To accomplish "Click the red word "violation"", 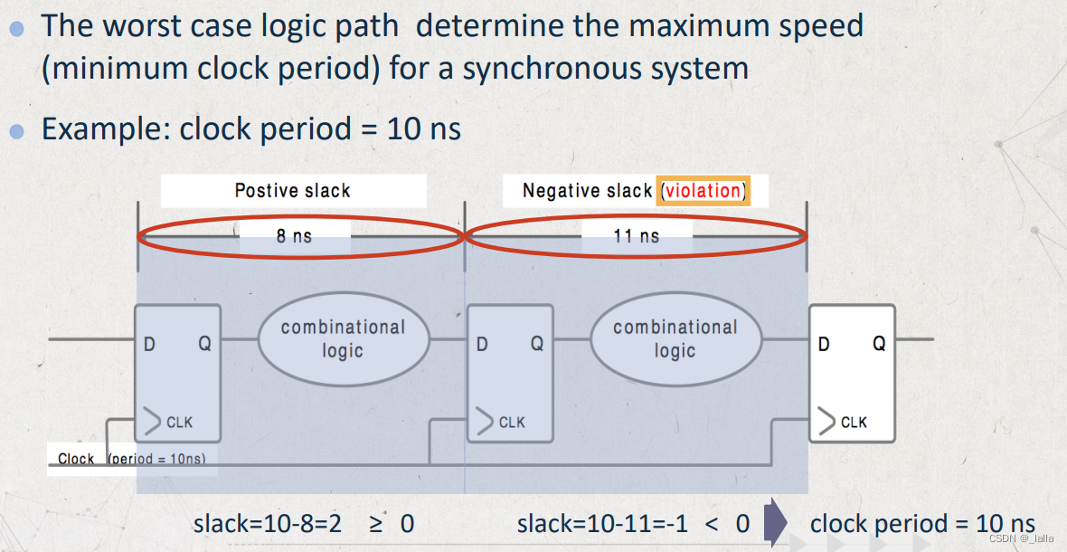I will (x=703, y=191).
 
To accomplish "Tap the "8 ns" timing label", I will (x=294, y=236).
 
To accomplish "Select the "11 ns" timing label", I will (x=637, y=236).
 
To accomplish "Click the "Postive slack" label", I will (x=292, y=191).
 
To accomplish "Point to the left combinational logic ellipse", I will (x=343, y=338).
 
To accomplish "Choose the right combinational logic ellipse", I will (x=675, y=338).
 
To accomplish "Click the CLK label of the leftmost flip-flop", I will (x=179, y=423).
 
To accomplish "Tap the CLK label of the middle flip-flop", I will (x=511, y=423).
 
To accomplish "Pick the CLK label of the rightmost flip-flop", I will (x=854, y=423).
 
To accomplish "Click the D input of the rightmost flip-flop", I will (x=823, y=344).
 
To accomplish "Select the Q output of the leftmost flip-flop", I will (x=204, y=344).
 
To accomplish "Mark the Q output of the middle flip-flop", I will (x=536, y=344).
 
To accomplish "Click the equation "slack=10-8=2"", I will (x=268, y=523).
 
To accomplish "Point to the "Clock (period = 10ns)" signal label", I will (x=131, y=459).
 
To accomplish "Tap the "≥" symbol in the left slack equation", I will (x=375, y=523).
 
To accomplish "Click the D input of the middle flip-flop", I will (x=482, y=344).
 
